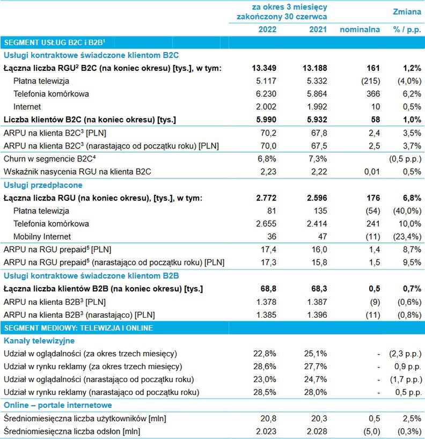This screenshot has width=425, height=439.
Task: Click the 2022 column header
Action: pos(267,30)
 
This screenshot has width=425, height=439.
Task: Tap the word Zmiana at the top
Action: pos(407,11)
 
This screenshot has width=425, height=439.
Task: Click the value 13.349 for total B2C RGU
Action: pos(264,68)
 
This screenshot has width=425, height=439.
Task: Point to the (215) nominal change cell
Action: pos(369,81)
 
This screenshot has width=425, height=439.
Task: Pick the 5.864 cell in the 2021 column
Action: pos(314,94)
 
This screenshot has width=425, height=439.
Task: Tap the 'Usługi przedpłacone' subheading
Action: pos(40,185)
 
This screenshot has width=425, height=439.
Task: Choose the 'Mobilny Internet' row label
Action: pos(42,236)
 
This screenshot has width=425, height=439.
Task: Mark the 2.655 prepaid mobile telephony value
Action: pos(265,223)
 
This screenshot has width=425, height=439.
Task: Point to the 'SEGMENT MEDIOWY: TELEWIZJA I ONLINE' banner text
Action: pos(78,327)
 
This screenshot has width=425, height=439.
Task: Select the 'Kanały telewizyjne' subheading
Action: pos(39,340)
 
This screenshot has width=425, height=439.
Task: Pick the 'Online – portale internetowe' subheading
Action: pos(57,405)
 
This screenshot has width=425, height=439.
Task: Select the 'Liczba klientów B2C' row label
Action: pos(90,120)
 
